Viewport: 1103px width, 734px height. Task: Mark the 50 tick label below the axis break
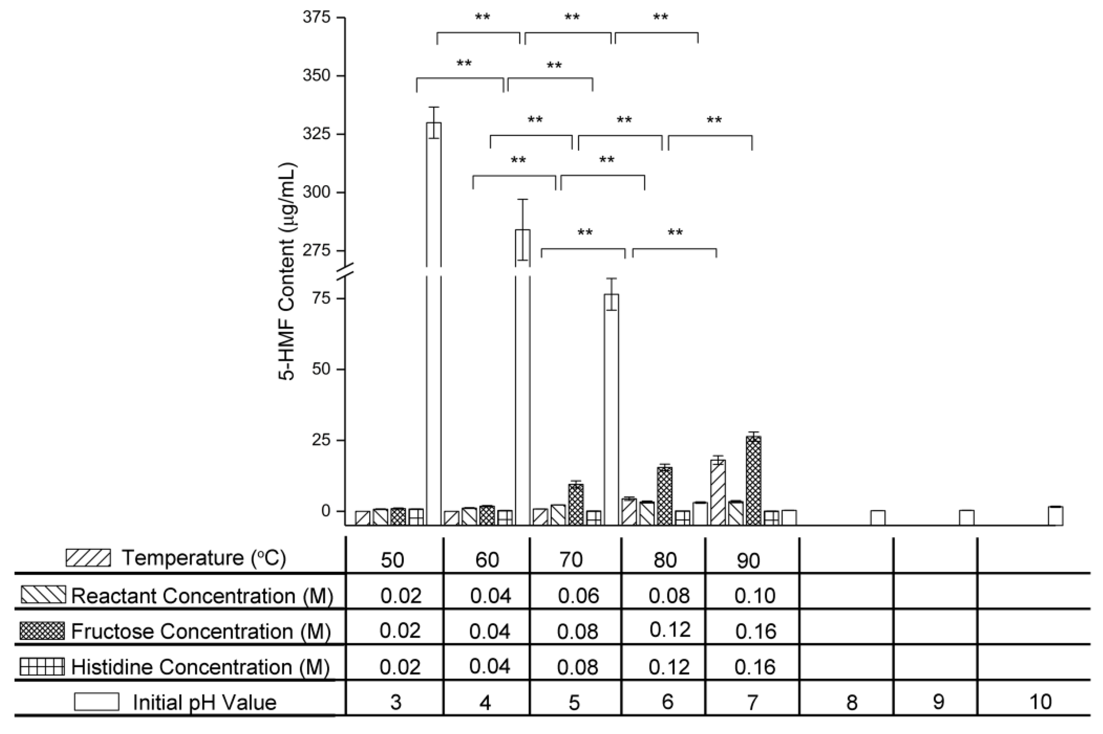[x=321, y=369]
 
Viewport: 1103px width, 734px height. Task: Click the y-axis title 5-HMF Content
[x=288, y=272]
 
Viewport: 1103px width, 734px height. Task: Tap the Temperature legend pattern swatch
[x=88, y=558]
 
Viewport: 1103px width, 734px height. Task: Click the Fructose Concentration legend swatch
[x=42, y=631]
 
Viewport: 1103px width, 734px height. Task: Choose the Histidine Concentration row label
[x=200, y=667]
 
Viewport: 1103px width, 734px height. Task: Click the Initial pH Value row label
[x=204, y=702]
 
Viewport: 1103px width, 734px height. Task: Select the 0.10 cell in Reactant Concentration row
[x=755, y=595]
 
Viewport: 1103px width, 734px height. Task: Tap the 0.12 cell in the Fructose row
[x=670, y=630]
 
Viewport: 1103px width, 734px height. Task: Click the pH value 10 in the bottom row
[x=1040, y=702]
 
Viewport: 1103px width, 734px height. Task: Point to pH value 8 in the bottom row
[x=851, y=702]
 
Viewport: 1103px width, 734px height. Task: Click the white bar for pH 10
[x=1055, y=516]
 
